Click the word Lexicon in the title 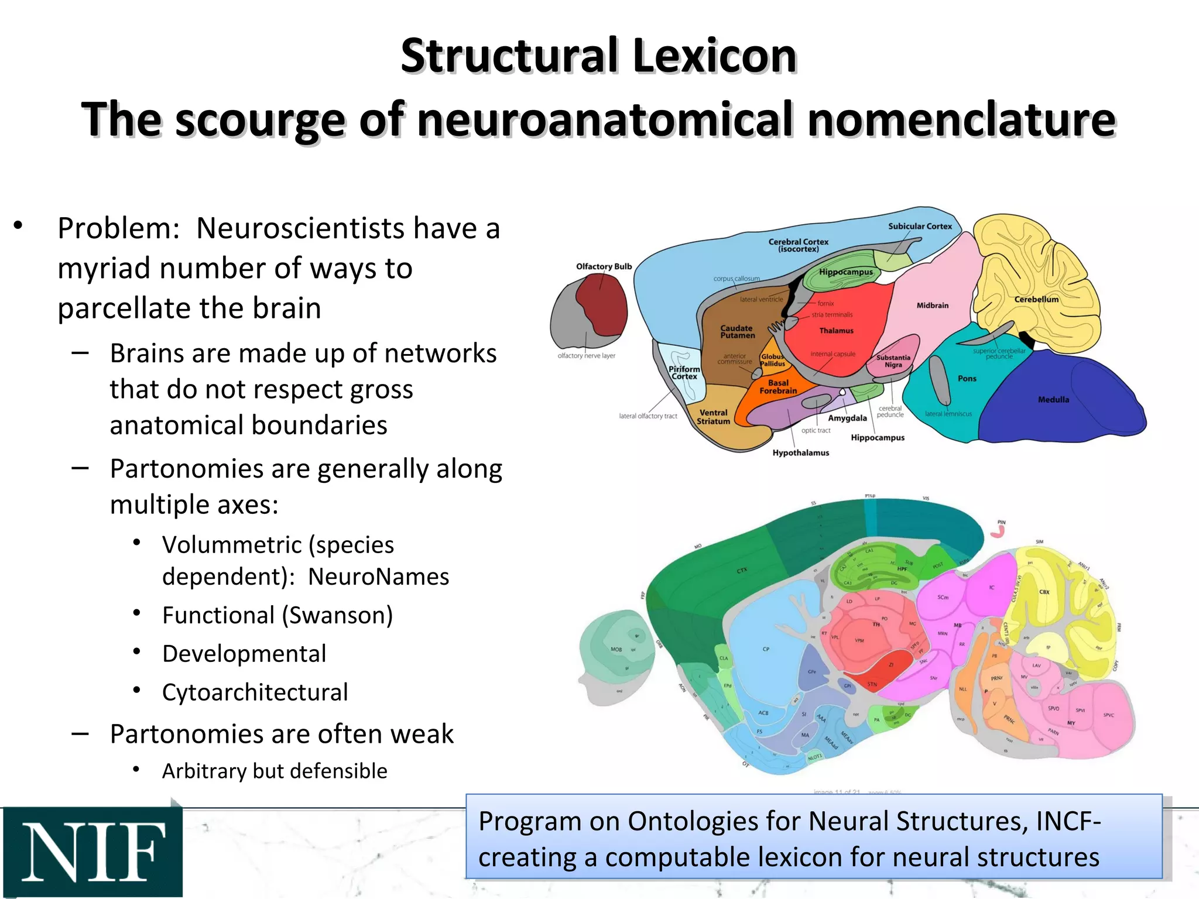click(x=715, y=56)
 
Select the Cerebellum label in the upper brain click(x=1036, y=299)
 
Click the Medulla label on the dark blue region click(x=1053, y=400)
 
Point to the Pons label click(x=967, y=379)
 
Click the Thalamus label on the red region click(x=836, y=331)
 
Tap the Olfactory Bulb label click(x=604, y=266)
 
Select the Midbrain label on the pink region click(x=932, y=306)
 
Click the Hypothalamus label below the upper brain click(x=800, y=452)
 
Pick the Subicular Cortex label click(x=920, y=227)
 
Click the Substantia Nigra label click(x=893, y=361)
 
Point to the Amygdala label click(x=847, y=418)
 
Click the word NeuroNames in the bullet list click(x=378, y=577)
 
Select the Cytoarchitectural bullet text click(x=255, y=692)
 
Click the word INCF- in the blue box click(x=1068, y=821)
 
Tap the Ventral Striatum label click(x=713, y=417)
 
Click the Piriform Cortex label click(x=684, y=373)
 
